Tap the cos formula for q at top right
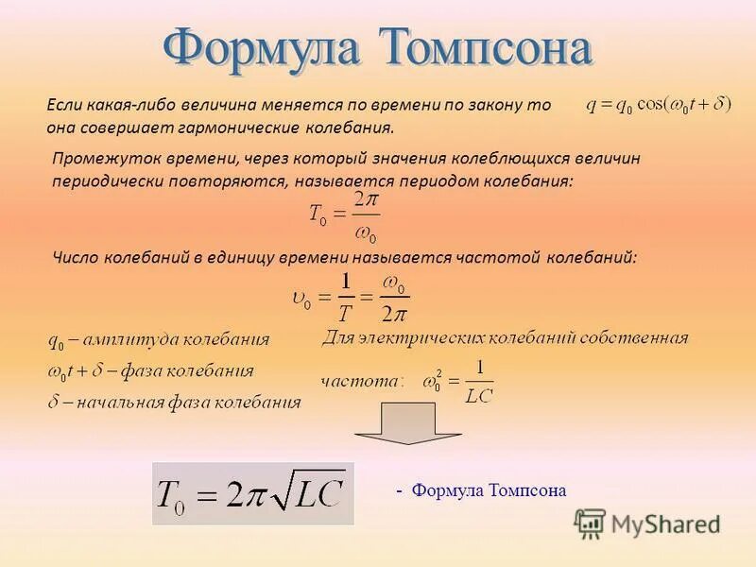(x=659, y=105)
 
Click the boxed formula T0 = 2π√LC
(x=252, y=492)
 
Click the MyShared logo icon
(x=591, y=523)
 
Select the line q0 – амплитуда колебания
(x=158, y=339)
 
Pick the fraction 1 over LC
(x=479, y=382)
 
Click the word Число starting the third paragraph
(x=75, y=256)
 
